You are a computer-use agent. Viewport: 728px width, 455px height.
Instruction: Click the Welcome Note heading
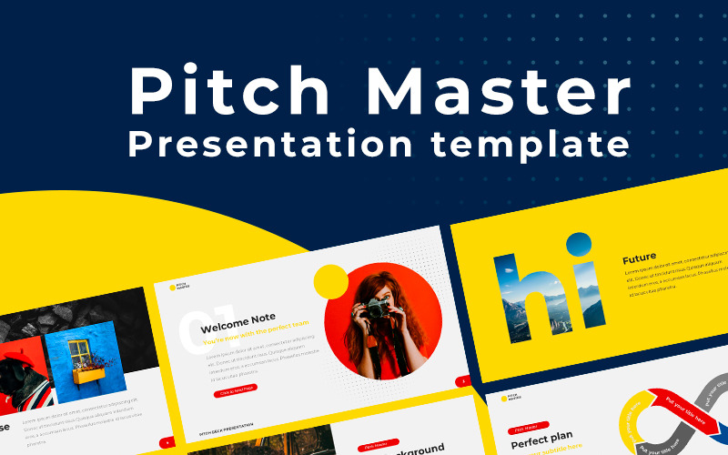tap(238, 329)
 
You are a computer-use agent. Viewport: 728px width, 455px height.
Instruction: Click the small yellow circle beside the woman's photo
tap(330, 282)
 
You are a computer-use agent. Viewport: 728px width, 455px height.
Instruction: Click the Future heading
tap(639, 258)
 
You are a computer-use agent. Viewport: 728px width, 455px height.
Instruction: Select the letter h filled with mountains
tap(522, 290)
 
